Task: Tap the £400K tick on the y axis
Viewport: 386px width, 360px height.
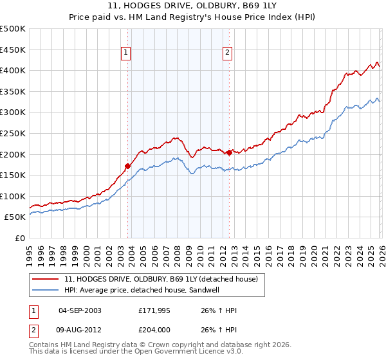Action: point(13,71)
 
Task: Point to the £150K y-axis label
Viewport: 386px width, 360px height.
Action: point(13,175)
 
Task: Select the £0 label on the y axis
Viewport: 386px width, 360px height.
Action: point(19,238)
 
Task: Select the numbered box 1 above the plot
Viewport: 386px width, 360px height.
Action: point(126,53)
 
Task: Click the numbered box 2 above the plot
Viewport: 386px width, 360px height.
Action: point(228,53)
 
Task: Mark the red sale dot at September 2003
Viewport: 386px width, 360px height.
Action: point(127,166)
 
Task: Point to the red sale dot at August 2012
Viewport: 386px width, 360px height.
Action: point(229,152)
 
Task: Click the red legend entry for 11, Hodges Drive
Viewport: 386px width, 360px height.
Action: point(161,279)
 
